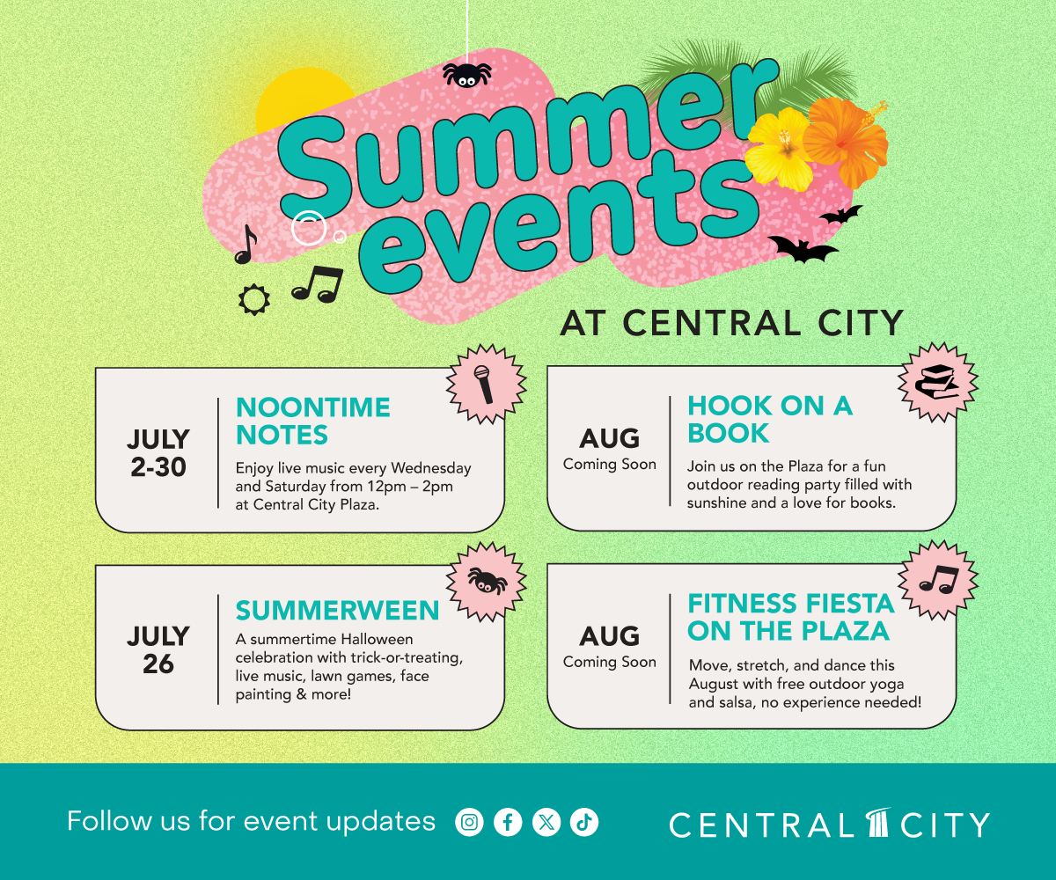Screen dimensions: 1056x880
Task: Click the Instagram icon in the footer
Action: [x=469, y=822]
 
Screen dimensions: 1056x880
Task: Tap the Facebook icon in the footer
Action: [x=508, y=822]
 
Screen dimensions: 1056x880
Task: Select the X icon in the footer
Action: [x=546, y=822]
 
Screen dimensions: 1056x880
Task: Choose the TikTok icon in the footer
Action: [x=584, y=822]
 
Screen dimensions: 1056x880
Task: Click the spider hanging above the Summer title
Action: [x=466, y=75]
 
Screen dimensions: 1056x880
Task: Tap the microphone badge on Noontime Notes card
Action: [x=486, y=384]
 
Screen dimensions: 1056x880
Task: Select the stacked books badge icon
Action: [x=938, y=382]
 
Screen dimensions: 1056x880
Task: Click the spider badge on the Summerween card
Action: [x=486, y=582]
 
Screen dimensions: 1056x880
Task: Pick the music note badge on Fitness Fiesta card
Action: [x=938, y=580]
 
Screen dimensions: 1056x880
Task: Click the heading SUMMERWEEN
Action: [x=337, y=611]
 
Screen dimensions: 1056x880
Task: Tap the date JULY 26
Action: [x=158, y=650]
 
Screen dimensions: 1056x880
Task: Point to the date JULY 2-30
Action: [x=158, y=453]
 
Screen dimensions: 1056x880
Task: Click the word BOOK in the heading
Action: [x=729, y=434]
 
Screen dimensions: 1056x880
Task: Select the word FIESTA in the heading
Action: [x=850, y=604]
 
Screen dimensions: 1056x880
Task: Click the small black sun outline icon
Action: [x=254, y=300]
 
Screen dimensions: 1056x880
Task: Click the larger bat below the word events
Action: [x=803, y=249]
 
